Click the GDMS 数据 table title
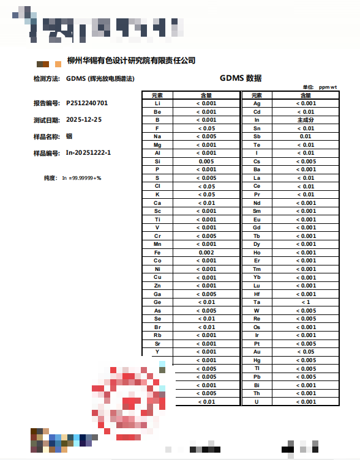[x=241, y=78]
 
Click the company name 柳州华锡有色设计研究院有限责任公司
[x=131, y=61]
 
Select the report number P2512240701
[x=87, y=103]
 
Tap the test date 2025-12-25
[x=84, y=119]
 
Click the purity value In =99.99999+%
[x=81, y=178]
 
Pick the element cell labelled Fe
[x=157, y=253]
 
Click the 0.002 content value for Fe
[x=206, y=253]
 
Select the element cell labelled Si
[x=157, y=161]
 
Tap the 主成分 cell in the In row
[x=306, y=121]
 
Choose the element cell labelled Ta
[x=257, y=302]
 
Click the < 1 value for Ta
[x=306, y=302]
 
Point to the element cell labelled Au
[x=257, y=352]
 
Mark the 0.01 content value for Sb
[x=306, y=136]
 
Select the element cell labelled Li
[x=157, y=103]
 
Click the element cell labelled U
[x=257, y=401]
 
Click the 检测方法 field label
[x=47, y=79]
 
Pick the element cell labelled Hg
[x=257, y=360]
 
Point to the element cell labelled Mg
[x=157, y=145]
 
